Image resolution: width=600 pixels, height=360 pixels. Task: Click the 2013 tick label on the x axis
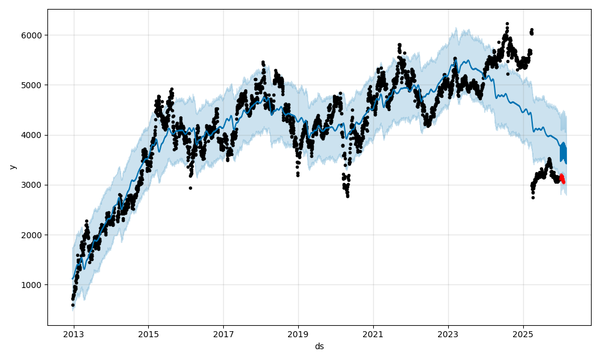74,333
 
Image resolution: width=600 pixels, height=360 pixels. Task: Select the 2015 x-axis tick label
149,333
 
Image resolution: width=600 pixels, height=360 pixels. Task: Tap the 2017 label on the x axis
223,333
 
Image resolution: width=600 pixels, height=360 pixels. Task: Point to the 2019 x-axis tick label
298,333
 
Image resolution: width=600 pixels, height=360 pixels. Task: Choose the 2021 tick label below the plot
373,333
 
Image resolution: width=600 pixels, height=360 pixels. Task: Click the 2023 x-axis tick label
448,333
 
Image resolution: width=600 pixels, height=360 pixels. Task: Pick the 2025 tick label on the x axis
523,333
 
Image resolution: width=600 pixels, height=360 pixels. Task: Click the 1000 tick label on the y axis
34,285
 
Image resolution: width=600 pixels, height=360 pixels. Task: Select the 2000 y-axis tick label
34,235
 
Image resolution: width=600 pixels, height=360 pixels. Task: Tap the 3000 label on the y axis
34,185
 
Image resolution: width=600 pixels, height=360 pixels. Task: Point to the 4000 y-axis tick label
34,135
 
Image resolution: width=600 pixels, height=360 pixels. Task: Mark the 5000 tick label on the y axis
34,85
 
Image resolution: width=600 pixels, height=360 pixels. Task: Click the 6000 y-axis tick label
34,35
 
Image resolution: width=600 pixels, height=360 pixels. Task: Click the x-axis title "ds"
319,346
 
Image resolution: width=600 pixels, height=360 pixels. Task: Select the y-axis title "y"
12,167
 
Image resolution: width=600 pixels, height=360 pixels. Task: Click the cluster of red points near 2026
562,179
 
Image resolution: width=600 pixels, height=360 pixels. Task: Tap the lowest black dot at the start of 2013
73,305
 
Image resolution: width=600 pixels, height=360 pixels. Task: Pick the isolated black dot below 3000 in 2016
190,188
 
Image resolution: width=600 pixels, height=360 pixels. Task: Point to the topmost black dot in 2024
507,24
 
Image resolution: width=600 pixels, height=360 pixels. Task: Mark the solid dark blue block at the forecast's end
563,154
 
